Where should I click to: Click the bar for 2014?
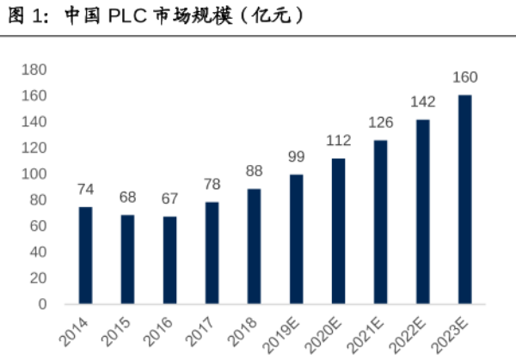pyautogui.click(x=85, y=255)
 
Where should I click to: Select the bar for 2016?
pyautogui.click(x=169, y=260)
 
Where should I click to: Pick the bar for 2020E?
pyautogui.click(x=338, y=231)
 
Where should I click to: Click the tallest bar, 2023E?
pyautogui.click(x=464, y=199)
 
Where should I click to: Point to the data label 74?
pyautogui.click(x=85, y=190)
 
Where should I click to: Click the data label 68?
pyautogui.click(x=127, y=198)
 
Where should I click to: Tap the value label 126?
pyautogui.click(x=380, y=122)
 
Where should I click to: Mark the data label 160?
pyautogui.click(x=464, y=77)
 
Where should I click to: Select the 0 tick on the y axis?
pyautogui.click(x=42, y=304)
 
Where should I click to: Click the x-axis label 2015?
pyautogui.click(x=120, y=330)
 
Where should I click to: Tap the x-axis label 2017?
pyautogui.click(x=204, y=330)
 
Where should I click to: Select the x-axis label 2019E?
pyautogui.click(x=285, y=333)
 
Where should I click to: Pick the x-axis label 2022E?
pyautogui.click(x=411, y=333)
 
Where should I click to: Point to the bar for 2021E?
pyautogui.click(x=380, y=222)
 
